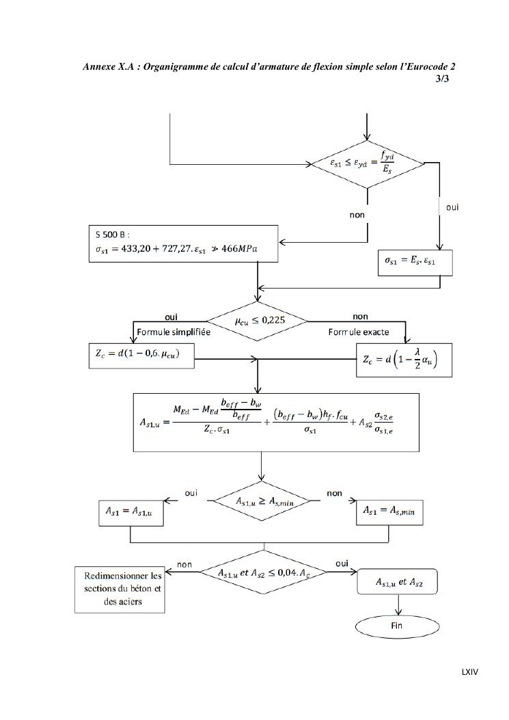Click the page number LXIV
tap(469, 672)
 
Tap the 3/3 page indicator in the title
tap(442, 79)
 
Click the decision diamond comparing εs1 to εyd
tap(368, 164)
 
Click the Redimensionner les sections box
tap(119, 589)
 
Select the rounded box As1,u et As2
tap(398, 583)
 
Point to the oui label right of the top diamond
tap(452, 206)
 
